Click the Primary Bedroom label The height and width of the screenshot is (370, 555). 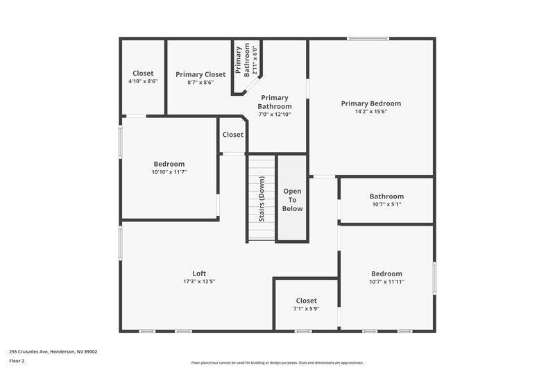click(370, 103)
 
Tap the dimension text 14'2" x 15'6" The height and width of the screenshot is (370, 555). click(370, 111)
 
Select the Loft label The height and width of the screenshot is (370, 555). click(199, 274)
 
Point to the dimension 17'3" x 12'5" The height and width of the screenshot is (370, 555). click(199, 281)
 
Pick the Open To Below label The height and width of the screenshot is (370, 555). click(292, 199)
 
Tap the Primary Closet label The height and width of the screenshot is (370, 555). click(200, 74)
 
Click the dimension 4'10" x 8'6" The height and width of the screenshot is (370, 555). click(143, 81)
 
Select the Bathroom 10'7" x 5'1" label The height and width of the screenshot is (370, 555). click(386, 196)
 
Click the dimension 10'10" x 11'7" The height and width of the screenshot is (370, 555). click(169, 171)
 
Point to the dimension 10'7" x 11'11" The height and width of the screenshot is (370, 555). click(386, 281)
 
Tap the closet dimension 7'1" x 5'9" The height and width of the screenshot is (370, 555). click(306, 308)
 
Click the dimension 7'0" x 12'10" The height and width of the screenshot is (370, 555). click(274, 115)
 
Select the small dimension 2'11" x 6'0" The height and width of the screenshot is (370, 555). click(255, 60)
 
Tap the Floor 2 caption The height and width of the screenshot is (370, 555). click(16, 360)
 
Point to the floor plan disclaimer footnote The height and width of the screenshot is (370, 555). click(277, 362)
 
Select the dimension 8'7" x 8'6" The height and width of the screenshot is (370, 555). click(200, 82)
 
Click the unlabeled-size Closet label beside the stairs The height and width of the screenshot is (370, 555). click(232, 135)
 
